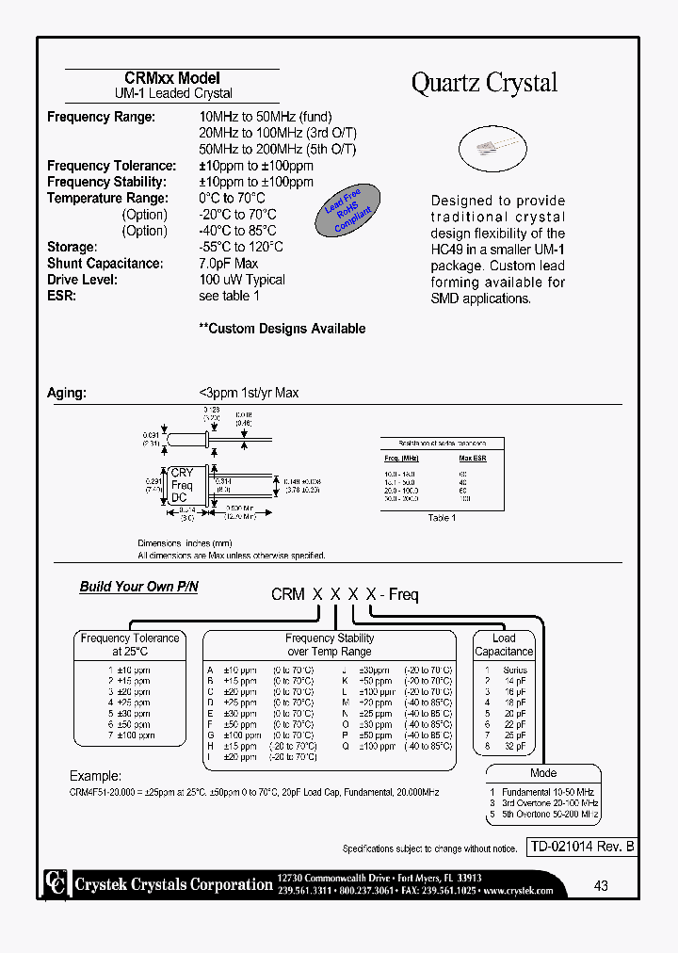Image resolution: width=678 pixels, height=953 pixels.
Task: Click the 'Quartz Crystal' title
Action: [484, 83]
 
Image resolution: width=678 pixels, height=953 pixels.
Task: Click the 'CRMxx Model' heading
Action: [172, 78]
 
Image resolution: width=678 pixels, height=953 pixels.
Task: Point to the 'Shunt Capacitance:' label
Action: [105, 264]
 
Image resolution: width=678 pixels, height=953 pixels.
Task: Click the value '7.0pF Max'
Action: [228, 264]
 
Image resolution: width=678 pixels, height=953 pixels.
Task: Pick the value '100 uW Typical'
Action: [242, 280]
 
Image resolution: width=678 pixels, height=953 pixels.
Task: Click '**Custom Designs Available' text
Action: [282, 329]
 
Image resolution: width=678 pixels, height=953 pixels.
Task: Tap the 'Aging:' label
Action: [66, 393]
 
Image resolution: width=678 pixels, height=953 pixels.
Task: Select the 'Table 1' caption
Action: [442, 518]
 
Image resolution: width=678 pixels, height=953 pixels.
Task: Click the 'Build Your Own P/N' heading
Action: [138, 587]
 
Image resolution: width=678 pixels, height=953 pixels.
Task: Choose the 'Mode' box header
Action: [543, 772]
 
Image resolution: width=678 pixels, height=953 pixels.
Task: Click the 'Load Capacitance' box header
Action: [504, 644]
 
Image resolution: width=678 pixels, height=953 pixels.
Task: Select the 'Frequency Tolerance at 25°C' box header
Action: [130, 644]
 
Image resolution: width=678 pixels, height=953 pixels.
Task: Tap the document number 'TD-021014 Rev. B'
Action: [581, 847]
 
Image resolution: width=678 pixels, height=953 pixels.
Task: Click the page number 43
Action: [601, 885]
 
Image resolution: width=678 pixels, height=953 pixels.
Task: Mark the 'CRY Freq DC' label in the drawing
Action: [181, 485]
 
